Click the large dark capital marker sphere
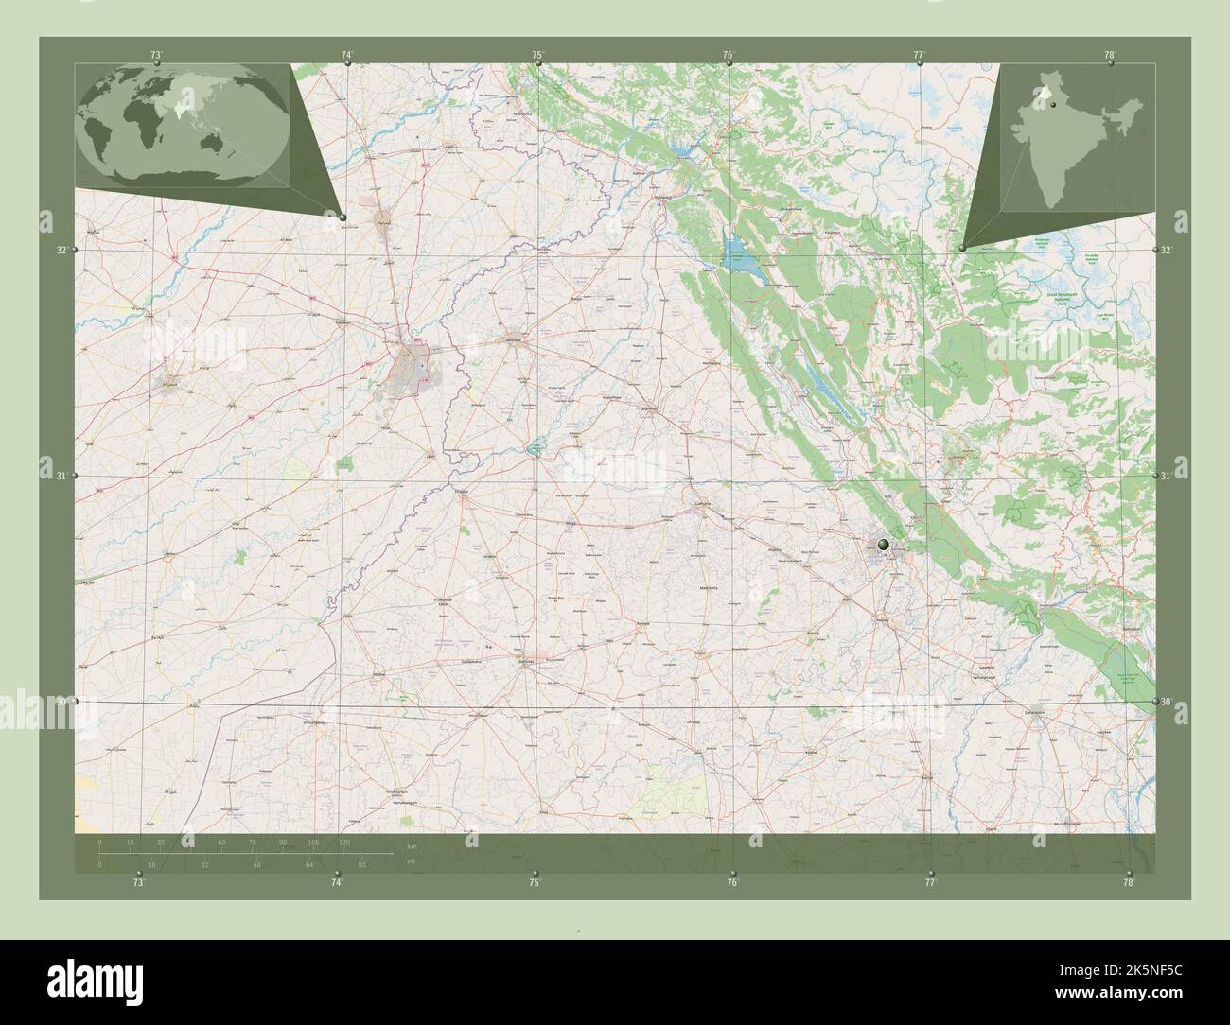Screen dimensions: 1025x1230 pos(883,544)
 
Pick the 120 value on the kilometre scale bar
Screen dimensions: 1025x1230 pos(343,842)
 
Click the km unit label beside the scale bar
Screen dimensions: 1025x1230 pos(411,845)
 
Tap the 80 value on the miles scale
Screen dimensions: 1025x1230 pos(360,864)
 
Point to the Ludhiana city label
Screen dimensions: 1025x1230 pos(701,505)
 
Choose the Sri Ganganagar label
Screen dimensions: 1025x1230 pos(315,722)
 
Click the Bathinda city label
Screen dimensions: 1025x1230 pos(530,661)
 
